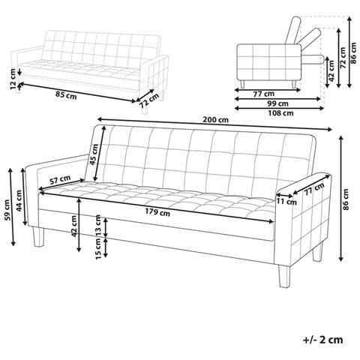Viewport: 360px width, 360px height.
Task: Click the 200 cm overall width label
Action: point(215,120)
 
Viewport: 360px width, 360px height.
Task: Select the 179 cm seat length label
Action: point(157,212)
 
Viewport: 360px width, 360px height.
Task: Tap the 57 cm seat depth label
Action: point(60,179)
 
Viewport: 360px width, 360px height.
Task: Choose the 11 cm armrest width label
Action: point(287,202)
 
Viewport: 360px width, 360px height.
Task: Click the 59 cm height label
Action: point(7,210)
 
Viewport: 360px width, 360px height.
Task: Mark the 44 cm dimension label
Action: point(19,200)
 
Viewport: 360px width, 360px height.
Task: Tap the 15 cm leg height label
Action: point(98,249)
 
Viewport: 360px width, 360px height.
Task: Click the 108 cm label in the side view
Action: point(280,113)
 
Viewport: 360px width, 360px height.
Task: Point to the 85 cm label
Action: point(66,95)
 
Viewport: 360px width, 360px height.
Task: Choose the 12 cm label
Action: point(13,82)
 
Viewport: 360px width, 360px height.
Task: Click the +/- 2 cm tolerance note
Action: point(322,340)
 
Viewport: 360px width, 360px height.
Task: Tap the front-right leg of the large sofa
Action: point(284,277)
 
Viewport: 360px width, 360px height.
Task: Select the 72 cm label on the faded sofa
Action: point(149,100)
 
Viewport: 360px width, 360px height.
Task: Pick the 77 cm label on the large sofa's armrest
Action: point(314,188)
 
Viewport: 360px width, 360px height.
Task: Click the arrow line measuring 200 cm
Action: point(214,124)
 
